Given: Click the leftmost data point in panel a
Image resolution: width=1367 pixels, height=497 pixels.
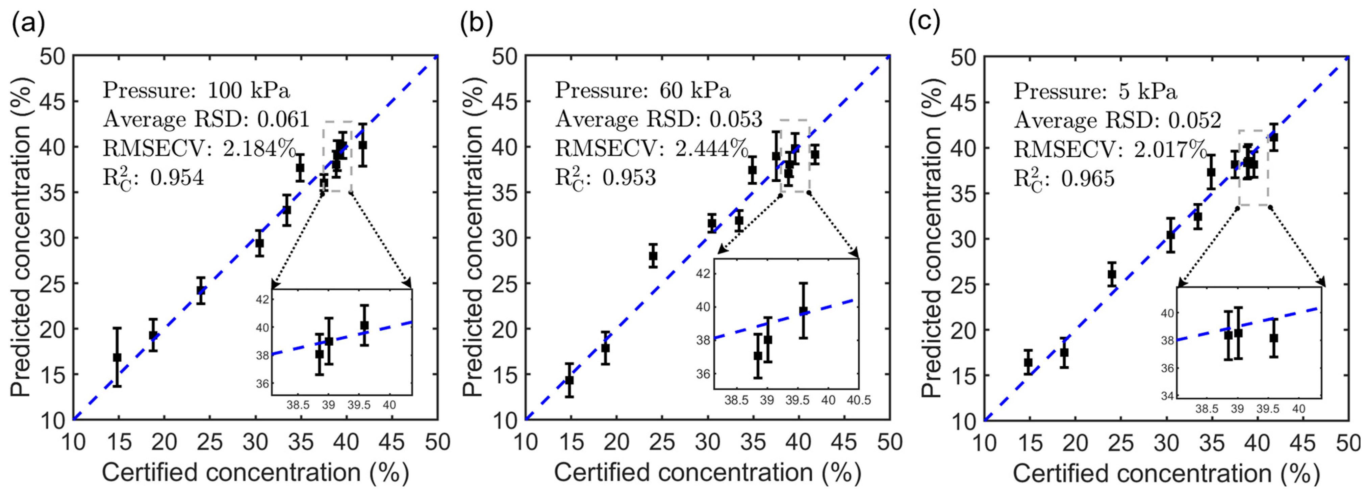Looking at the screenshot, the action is [117, 358].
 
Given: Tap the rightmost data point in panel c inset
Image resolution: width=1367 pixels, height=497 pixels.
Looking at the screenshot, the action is [1273, 338].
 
